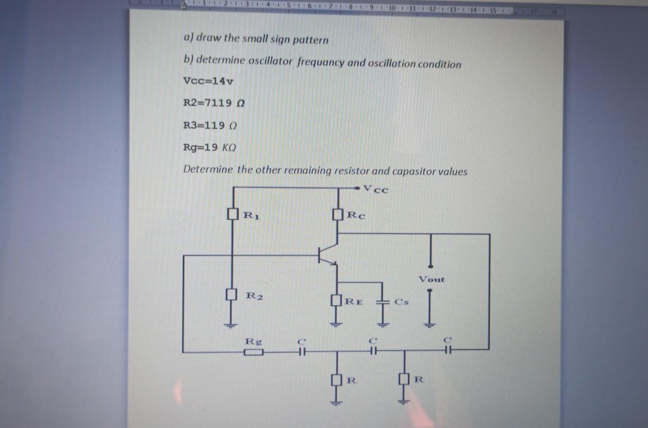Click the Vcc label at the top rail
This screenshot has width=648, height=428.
tap(376, 189)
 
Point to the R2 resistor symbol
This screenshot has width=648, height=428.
tap(230, 294)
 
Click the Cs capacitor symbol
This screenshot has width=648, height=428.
tap(382, 301)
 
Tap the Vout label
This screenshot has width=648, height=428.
tap(431, 279)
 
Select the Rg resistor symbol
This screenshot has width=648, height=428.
tap(253, 353)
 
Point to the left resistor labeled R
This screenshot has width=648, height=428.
tap(337, 380)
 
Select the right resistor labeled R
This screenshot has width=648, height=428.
tap(403, 379)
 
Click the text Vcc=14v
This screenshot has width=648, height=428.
tap(208, 81)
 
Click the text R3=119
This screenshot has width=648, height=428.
tap(209, 125)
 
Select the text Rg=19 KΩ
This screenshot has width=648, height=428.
tap(209, 147)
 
